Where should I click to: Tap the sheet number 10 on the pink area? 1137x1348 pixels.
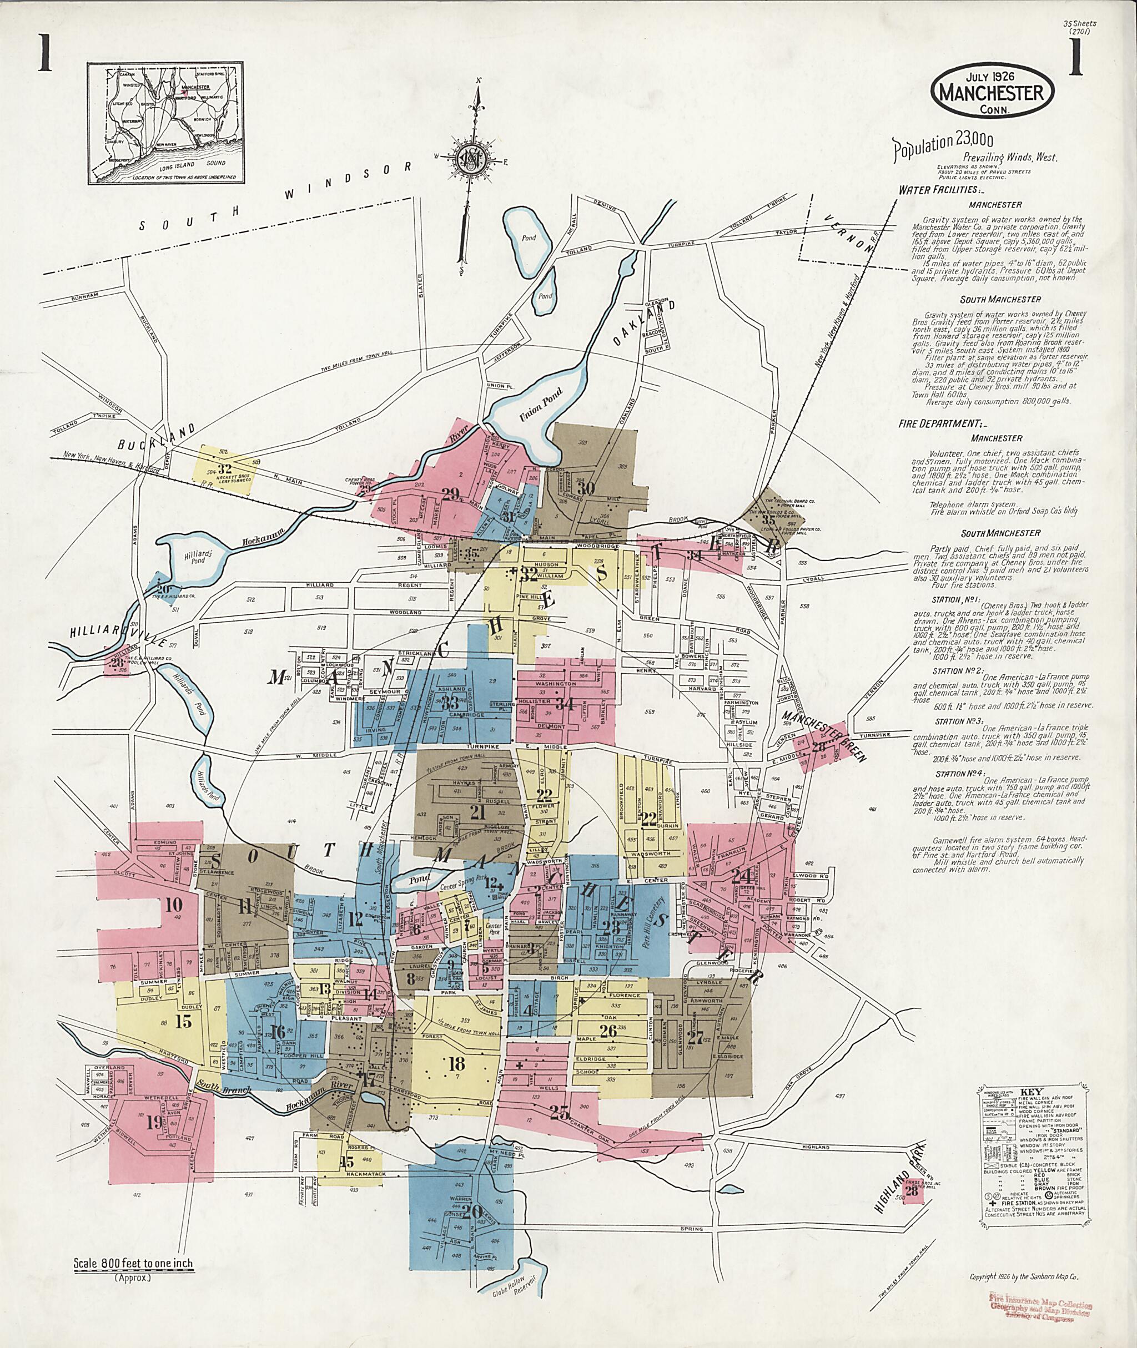173,905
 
